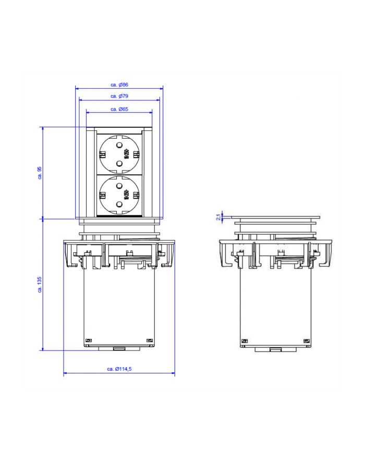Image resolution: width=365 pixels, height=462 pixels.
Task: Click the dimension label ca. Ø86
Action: (x=119, y=84)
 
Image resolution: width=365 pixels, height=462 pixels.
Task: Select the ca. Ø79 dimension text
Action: (x=119, y=96)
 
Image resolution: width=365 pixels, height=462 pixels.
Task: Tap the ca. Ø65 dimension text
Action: (x=119, y=109)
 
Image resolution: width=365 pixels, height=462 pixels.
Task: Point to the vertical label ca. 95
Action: (x=40, y=173)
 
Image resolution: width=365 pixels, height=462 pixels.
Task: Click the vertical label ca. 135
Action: (x=40, y=284)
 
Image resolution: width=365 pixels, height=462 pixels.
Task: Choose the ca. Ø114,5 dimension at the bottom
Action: (x=119, y=369)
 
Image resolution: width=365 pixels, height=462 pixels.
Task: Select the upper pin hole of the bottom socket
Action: (x=119, y=185)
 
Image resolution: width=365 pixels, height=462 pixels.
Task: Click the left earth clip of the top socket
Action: (x=102, y=154)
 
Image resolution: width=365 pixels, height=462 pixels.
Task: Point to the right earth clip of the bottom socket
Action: (x=137, y=196)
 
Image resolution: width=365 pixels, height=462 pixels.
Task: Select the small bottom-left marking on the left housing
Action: (x=88, y=341)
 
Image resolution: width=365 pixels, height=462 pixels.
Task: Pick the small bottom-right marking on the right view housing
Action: (x=306, y=342)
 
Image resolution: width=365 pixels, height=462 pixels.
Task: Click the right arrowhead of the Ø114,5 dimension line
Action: (x=173, y=374)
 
